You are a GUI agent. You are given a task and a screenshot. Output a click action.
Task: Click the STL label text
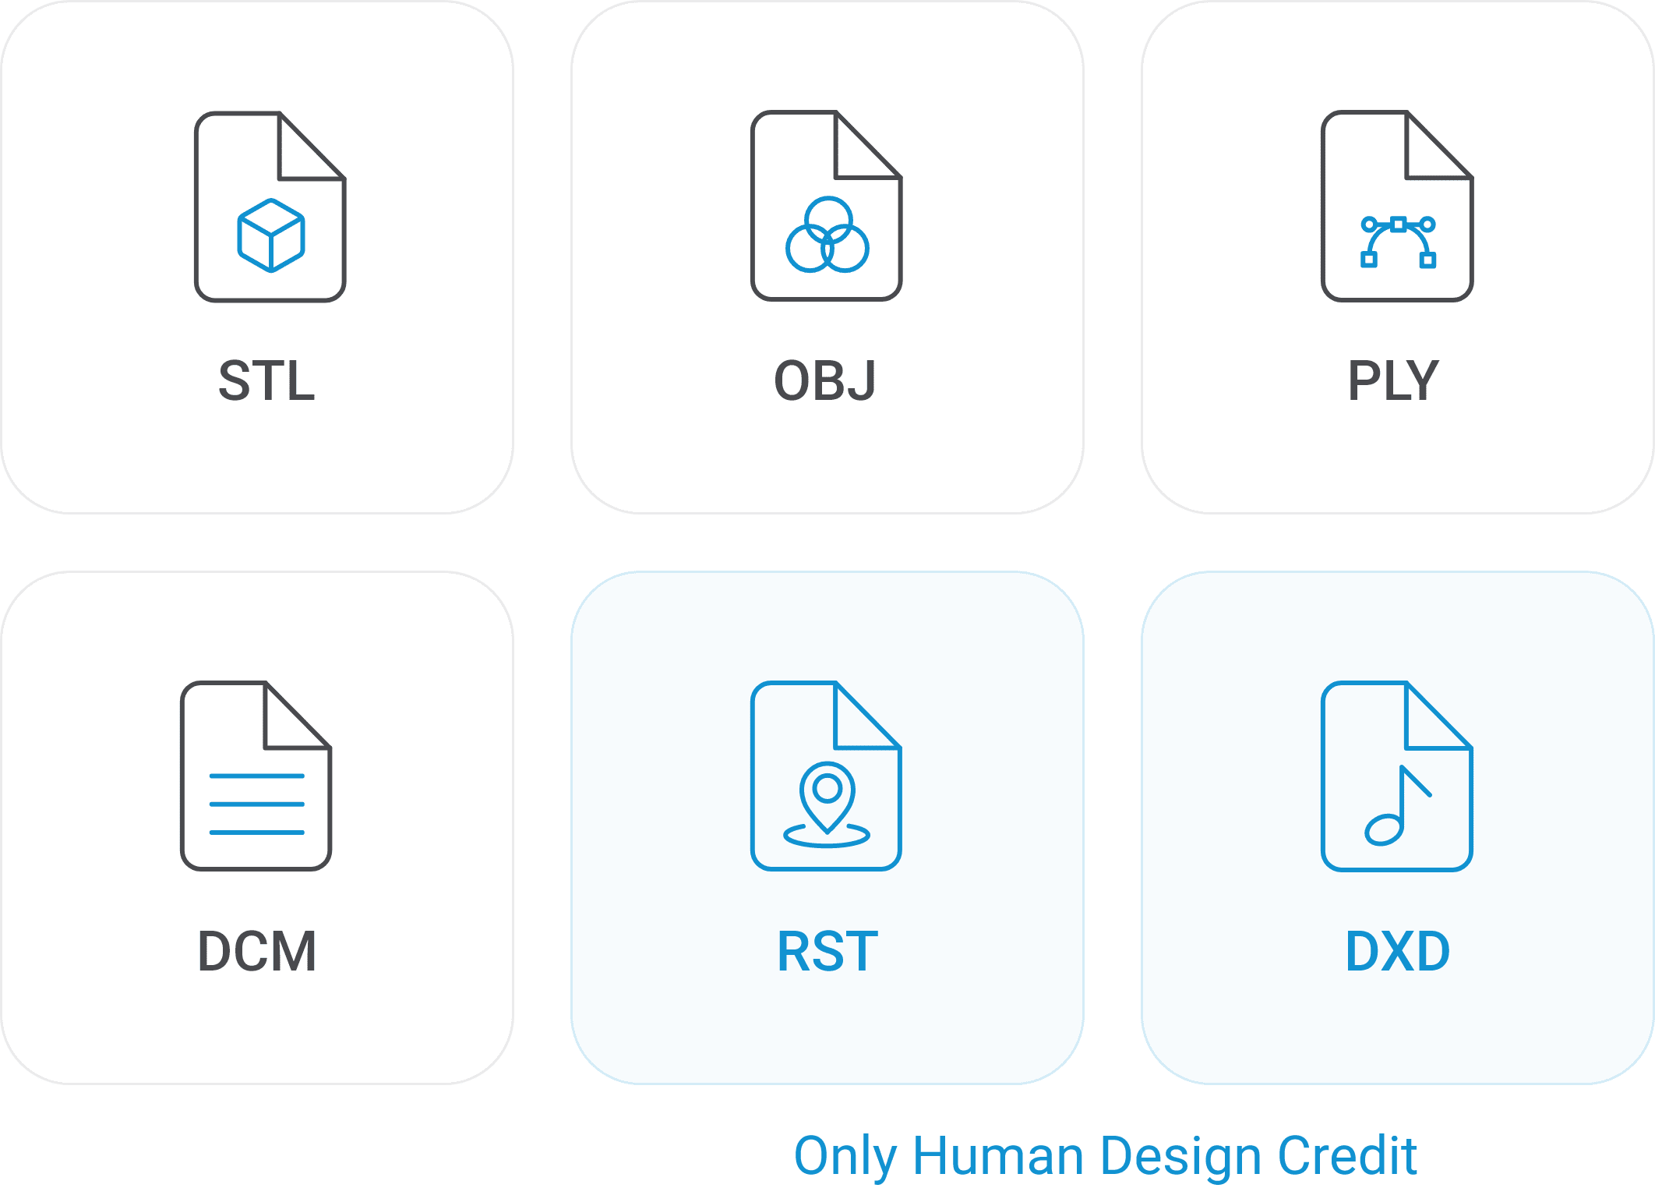[x=266, y=381]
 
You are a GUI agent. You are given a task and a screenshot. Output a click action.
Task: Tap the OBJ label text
[x=825, y=381]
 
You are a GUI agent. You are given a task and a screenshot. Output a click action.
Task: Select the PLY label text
[x=1393, y=381]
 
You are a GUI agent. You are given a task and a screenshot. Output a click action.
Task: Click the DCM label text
[x=257, y=952]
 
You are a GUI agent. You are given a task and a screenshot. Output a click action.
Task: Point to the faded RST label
[x=827, y=952]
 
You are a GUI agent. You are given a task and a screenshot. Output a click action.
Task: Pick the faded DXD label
[x=1398, y=952]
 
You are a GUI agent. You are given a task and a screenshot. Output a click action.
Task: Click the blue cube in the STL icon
[x=270, y=235]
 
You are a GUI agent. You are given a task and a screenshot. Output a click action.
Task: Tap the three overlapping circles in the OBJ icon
[x=827, y=235]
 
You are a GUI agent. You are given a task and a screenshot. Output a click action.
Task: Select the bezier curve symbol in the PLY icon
[x=1398, y=242]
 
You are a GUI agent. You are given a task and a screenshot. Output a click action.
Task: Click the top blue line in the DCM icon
[x=256, y=776]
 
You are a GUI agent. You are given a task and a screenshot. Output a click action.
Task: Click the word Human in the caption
[x=998, y=1155]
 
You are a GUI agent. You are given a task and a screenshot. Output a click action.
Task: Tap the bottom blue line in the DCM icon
[x=256, y=833]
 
